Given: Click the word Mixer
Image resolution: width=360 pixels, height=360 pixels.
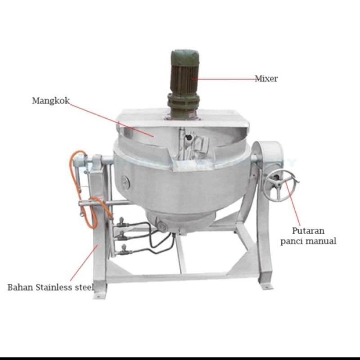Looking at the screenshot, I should [x=266, y=79].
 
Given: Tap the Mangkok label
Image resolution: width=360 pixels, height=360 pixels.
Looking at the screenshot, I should [x=51, y=100].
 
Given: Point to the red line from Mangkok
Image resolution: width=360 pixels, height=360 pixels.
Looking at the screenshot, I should [x=112, y=118].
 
